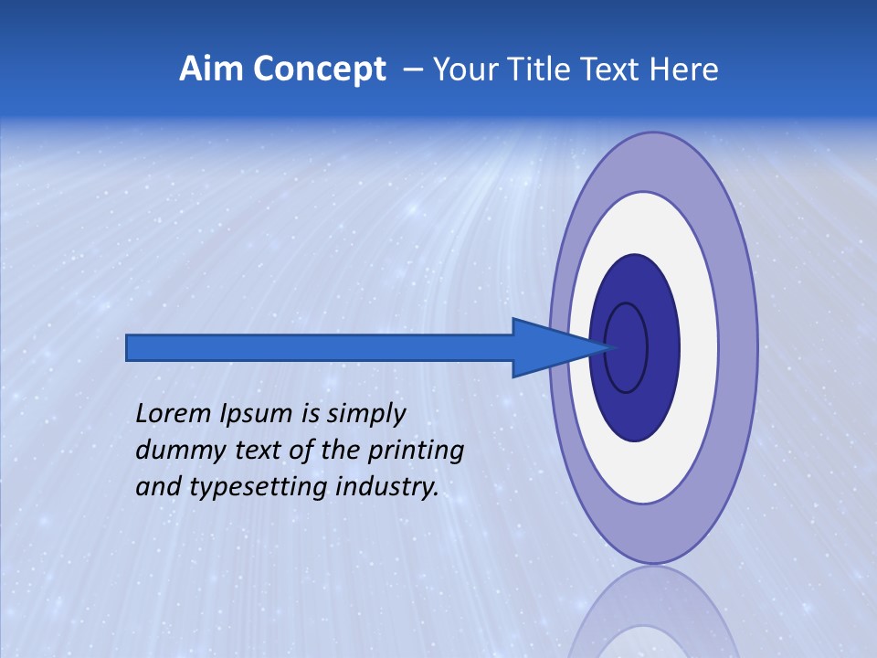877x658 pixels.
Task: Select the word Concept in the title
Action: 319,69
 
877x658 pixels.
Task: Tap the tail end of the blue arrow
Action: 132,348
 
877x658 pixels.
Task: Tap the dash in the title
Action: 412,69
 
